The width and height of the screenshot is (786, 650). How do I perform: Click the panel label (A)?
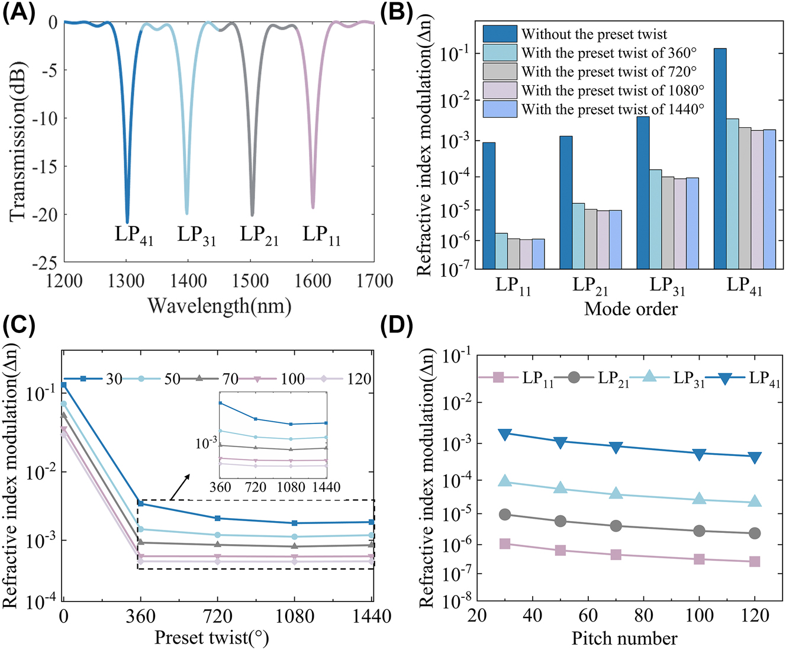19,12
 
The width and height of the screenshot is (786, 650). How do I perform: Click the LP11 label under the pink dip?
321,235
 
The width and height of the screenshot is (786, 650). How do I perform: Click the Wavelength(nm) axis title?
219,306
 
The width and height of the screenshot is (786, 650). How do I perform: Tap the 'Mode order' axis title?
631,309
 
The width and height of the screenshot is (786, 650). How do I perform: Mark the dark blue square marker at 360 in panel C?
140,503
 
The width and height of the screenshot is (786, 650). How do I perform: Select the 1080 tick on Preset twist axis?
295,617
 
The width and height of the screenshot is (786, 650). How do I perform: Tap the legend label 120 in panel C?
359,379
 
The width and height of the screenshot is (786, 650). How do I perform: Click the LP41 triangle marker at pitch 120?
755,457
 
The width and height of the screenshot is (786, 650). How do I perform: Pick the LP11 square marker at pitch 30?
505,544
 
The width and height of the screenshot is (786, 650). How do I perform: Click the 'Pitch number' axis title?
624,639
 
